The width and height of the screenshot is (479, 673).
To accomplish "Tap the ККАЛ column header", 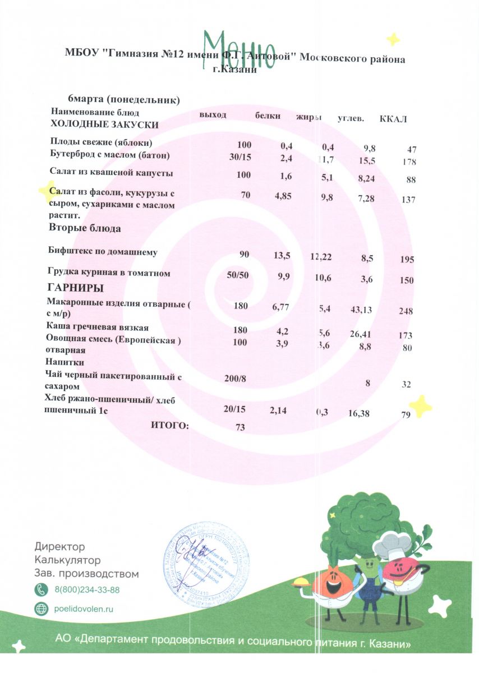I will [x=393, y=118].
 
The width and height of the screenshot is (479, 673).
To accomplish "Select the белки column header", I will [x=268, y=116].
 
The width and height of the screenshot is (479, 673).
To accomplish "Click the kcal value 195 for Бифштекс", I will [x=407, y=259].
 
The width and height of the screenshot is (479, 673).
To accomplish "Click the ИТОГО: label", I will [x=170, y=426].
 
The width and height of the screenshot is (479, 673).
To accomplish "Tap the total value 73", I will [x=241, y=427].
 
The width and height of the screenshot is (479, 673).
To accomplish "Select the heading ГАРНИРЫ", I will [x=76, y=288].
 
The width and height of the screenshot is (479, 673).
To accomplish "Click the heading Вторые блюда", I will [x=85, y=228].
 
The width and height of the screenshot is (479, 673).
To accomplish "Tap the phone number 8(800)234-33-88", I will [x=87, y=589].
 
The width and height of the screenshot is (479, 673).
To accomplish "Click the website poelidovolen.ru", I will [x=84, y=609].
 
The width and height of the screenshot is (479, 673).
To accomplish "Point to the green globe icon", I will [x=42, y=609].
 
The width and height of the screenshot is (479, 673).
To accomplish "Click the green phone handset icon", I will [x=42, y=589].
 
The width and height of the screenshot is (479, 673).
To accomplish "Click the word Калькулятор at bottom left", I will [x=67, y=560].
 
